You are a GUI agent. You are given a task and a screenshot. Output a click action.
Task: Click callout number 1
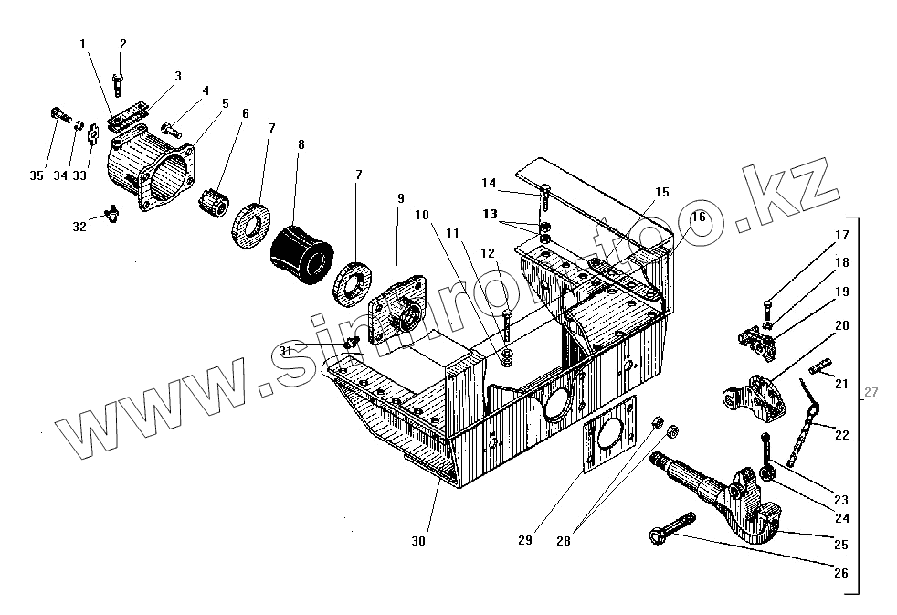82,43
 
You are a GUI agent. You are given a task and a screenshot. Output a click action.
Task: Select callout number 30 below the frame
418,541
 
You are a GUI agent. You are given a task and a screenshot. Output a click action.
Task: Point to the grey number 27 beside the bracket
871,393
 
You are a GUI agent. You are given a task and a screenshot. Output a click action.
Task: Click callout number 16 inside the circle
698,217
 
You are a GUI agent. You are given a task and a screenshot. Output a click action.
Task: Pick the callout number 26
840,574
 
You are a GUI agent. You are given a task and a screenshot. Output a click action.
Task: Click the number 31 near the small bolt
285,351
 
